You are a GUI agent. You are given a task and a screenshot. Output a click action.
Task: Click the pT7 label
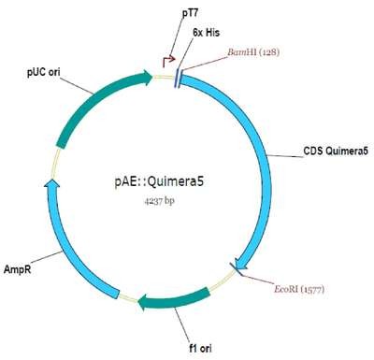point(190,13)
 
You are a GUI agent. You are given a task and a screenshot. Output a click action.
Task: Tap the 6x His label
point(206,33)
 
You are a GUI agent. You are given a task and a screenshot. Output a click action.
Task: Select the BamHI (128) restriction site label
point(253,52)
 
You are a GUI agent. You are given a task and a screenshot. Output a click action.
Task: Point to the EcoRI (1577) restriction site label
point(299,289)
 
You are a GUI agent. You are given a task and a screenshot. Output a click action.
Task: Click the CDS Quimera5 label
point(336,151)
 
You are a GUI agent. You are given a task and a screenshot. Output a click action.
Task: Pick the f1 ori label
point(200,348)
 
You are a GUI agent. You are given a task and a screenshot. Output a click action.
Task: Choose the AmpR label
point(17,269)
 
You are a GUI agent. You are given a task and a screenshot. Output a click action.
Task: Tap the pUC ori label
point(44,72)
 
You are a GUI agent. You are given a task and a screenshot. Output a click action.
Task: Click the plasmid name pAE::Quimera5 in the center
point(159,181)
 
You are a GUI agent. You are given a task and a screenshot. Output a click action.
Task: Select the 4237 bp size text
point(159,201)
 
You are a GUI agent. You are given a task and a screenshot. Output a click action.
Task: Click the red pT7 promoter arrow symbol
point(168,62)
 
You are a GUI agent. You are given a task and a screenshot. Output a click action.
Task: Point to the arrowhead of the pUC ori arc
point(148,77)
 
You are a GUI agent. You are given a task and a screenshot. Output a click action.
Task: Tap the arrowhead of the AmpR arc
point(52,183)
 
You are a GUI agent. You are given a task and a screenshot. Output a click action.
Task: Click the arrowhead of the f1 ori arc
point(142,302)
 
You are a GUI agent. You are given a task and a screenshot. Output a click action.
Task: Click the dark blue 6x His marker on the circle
point(178,78)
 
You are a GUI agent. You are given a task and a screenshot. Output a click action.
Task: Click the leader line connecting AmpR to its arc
point(47,258)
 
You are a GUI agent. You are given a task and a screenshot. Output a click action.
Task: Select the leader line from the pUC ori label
point(76,84)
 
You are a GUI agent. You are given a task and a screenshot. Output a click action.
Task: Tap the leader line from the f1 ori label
point(182,324)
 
